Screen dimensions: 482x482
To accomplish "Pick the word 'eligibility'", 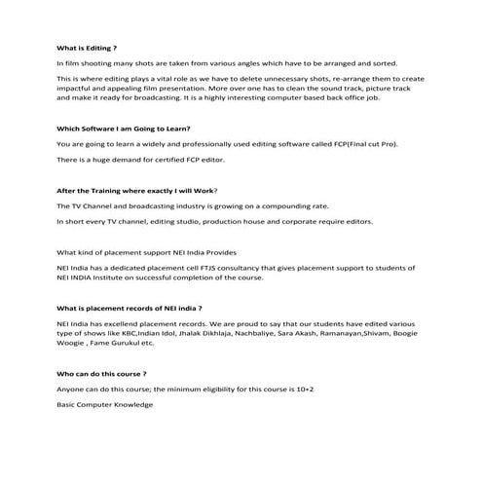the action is [x=210, y=389].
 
